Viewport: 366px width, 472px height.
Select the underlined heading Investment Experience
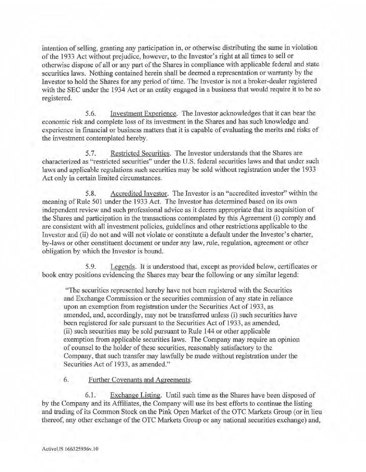pyautogui.click(x=144, y=114)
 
